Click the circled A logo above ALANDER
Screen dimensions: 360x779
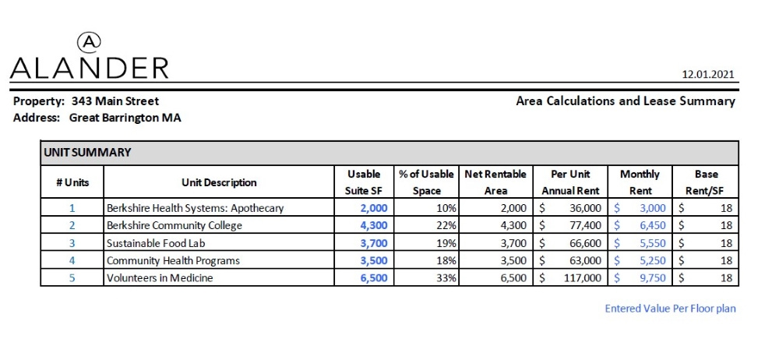(90, 41)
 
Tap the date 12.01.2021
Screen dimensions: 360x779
(708, 75)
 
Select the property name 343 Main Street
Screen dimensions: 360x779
(115, 101)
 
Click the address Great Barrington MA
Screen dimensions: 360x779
(125, 118)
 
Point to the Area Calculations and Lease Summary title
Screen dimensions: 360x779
(626, 101)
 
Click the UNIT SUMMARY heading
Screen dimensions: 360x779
(87, 153)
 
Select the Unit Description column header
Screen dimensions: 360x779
(219, 182)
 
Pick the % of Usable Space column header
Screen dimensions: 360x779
(426, 182)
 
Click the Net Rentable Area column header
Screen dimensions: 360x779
(495, 182)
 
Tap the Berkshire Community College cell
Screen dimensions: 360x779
(174, 225)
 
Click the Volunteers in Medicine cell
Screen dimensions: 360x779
(160, 277)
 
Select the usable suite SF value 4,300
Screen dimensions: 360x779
(373, 225)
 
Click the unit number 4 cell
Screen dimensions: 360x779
(72, 260)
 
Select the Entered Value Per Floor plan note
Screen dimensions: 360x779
(670, 309)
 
